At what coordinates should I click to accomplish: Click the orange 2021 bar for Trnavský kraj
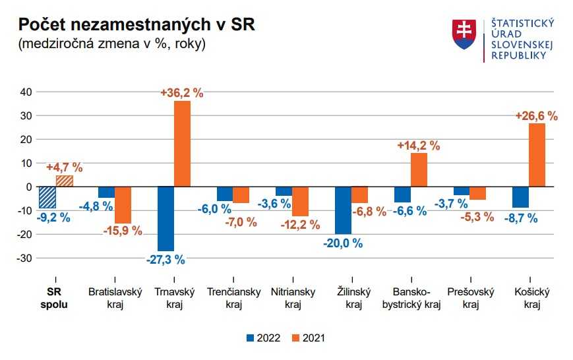182,144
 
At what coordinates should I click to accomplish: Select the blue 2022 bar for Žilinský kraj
343,210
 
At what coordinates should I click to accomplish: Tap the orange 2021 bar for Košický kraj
537,155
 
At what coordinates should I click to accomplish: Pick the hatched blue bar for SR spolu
47,197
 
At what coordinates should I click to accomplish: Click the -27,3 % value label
166,259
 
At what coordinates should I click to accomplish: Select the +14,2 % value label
419,146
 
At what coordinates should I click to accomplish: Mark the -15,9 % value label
123,231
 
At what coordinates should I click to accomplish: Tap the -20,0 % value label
343,243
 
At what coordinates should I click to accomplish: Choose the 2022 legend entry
264,338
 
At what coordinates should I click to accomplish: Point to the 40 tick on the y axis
25,92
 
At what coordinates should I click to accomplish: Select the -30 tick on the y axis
24,258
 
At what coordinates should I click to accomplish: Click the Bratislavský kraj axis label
115,297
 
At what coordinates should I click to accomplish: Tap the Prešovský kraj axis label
470,297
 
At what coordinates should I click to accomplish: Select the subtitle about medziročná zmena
112,44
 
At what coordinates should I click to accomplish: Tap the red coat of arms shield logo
464,34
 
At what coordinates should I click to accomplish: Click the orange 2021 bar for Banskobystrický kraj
419,170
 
